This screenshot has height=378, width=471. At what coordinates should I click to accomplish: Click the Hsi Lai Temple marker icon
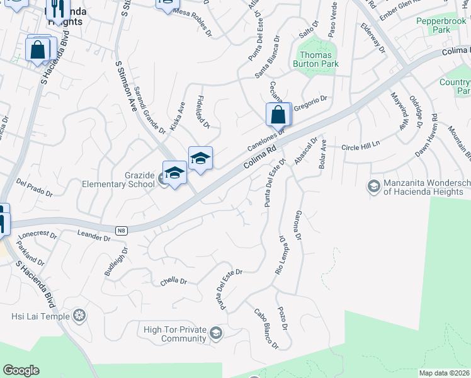[79, 315]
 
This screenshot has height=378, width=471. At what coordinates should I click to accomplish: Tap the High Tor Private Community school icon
[216, 333]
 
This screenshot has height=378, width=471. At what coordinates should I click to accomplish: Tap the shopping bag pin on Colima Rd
[278, 115]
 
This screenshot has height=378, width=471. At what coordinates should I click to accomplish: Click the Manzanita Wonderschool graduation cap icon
[373, 186]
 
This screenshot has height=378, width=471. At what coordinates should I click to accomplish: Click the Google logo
[21, 370]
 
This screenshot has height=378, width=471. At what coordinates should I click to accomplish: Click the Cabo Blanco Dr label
[266, 328]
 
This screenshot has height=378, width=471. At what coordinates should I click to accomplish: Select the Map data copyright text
[445, 373]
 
